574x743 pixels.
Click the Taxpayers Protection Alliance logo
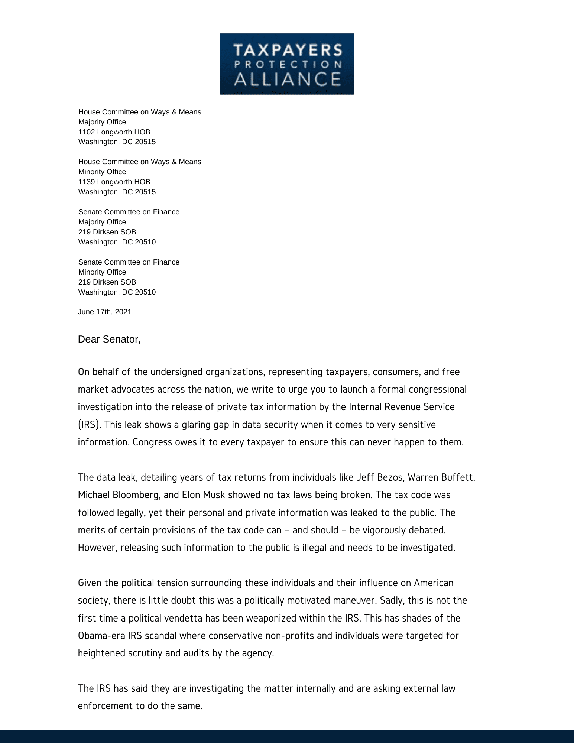tap(287, 64)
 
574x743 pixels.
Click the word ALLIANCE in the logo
tap(287, 79)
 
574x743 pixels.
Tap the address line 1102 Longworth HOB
tap(114, 132)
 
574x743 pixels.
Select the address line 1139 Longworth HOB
tap(114, 182)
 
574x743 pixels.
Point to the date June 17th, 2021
tap(104, 312)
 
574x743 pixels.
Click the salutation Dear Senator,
tap(109, 339)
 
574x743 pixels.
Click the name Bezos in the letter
tap(390, 477)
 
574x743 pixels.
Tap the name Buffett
tap(458, 477)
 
